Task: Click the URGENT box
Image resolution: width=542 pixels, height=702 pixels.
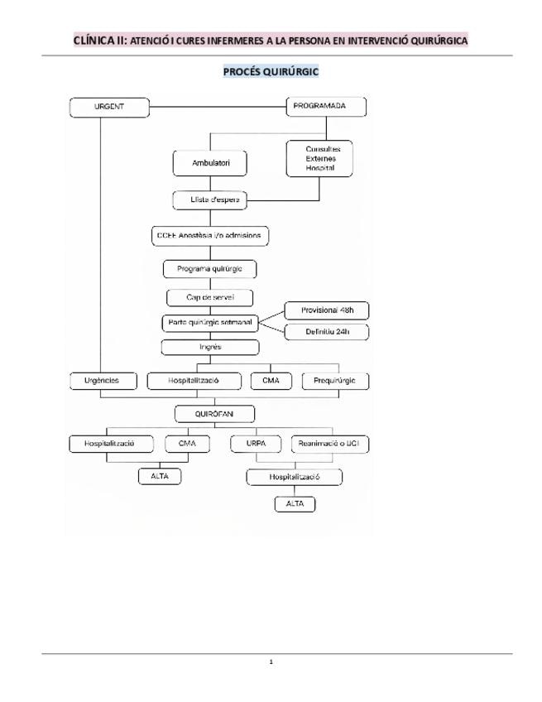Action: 109,108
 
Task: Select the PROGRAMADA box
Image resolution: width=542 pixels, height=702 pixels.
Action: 326,107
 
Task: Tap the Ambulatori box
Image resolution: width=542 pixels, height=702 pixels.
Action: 210,163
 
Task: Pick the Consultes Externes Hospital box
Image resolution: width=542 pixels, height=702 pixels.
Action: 319,158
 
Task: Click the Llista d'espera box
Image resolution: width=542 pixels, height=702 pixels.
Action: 210,200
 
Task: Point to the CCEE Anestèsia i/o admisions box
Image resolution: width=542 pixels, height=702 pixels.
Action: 210,236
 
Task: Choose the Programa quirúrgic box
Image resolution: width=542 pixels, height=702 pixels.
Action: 210,269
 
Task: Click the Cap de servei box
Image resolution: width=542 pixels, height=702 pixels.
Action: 210,298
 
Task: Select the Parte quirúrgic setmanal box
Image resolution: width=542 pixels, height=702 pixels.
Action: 210,323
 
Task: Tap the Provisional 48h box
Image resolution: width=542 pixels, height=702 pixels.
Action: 327,310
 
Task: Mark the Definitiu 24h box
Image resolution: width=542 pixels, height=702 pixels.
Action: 327,332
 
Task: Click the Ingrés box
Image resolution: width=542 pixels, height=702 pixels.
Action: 210,348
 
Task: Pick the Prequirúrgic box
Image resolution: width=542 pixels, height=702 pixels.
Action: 335,381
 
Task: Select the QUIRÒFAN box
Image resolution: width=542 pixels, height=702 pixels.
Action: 214,414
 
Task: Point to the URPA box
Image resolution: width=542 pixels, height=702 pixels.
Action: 256,444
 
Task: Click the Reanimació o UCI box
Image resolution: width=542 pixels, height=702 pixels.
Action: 330,444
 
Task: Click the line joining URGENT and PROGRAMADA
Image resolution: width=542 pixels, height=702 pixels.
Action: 218,108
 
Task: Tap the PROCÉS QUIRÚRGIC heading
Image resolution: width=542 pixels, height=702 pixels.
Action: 271,72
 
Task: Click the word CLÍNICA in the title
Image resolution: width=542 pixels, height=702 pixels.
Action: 94,41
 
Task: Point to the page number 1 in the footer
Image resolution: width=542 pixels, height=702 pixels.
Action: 271,661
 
